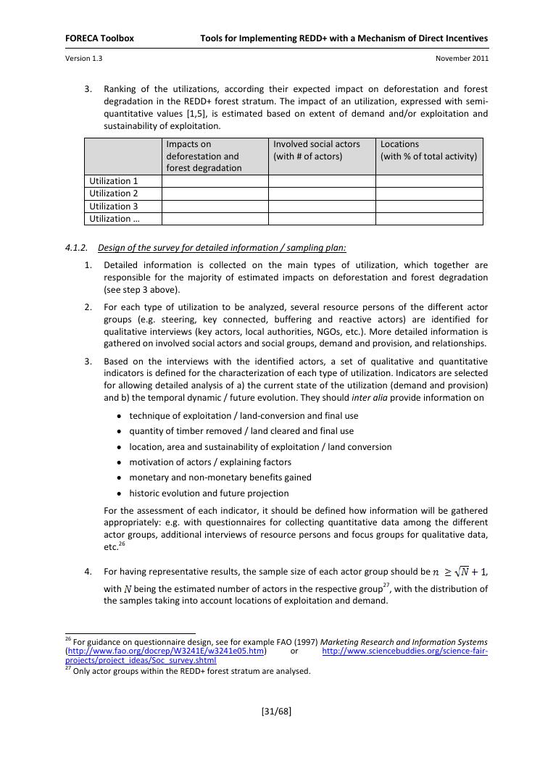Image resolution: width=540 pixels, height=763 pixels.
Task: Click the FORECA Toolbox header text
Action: coord(99,38)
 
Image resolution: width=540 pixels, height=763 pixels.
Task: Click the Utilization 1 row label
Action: coord(114,181)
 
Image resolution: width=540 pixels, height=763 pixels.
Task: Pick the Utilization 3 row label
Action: coord(114,207)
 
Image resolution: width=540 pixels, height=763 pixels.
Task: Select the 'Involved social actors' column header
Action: coord(317,144)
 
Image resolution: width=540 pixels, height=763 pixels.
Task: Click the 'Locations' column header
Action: coord(399,144)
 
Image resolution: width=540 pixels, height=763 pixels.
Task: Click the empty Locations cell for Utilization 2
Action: coord(429,193)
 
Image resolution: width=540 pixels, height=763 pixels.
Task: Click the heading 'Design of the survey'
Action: coord(222,248)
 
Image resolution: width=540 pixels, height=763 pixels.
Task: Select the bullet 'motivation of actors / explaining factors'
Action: coord(210,462)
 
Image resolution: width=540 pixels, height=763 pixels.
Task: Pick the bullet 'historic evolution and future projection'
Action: coord(209,493)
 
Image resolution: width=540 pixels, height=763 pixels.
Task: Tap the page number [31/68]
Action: coord(276,711)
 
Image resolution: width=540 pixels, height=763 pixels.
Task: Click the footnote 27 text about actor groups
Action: coord(191,671)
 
